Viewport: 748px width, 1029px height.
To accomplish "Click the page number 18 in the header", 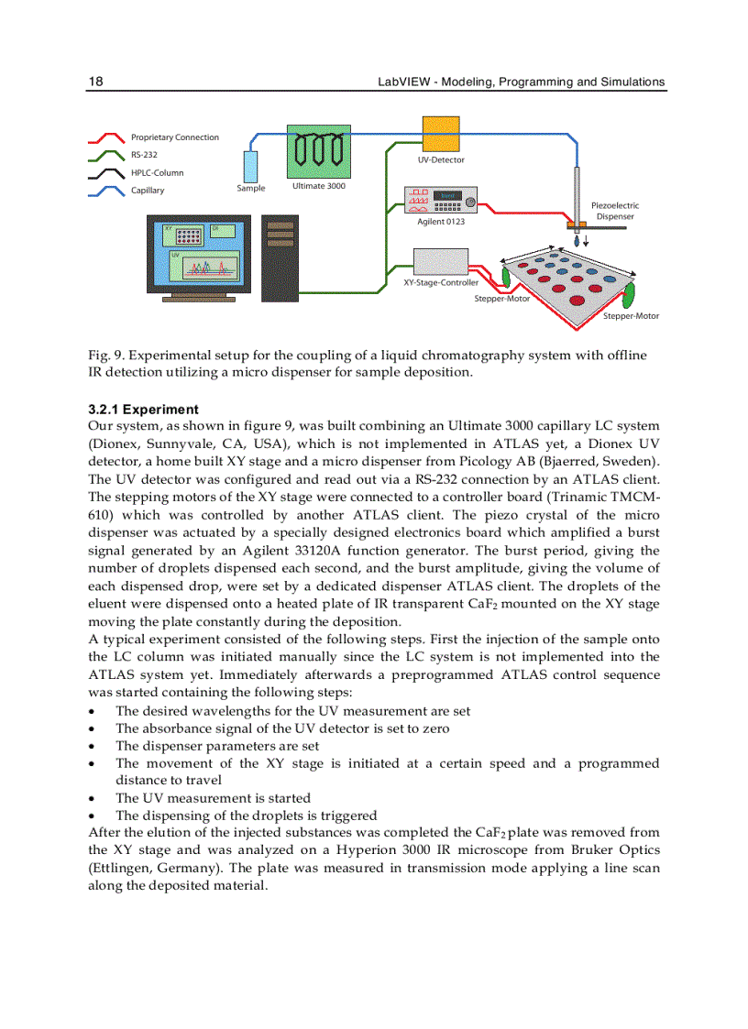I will pyautogui.click(x=95, y=82).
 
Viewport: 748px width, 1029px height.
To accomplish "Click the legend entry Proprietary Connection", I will pyautogui.click(x=174, y=137).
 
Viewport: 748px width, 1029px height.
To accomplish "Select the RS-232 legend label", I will pyautogui.click(x=144, y=155).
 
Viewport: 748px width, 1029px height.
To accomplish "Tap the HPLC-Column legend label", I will pyautogui.click(x=157, y=172).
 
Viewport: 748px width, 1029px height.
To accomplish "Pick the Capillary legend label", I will pyautogui.click(x=148, y=191).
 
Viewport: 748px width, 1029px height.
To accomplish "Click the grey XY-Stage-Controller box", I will pyautogui.click(x=441, y=262).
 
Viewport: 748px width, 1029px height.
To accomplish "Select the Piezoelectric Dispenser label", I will pyautogui.click(x=615, y=211).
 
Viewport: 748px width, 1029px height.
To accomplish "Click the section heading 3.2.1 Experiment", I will pyautogui.click(x=143, y=410).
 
